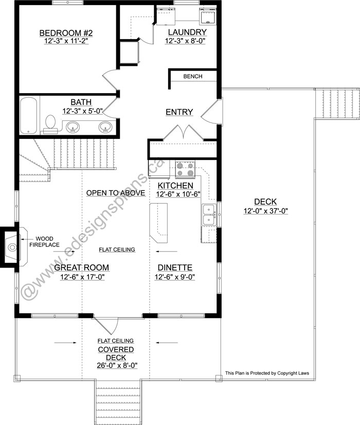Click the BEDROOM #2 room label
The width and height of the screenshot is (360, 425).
coord(66,33)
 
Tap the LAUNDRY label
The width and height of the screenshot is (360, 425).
coord(187,32)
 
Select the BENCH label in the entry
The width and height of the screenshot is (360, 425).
coord(193,77)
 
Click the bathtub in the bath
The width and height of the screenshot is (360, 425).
coord(28,115)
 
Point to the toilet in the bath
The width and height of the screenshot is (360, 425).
coord(50,124)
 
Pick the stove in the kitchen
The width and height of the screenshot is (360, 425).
coord(185,169)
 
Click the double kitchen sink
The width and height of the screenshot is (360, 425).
coord(209,215)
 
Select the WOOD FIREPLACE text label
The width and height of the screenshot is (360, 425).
coord(44,242)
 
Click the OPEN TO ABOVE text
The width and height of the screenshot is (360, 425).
coord(116,193)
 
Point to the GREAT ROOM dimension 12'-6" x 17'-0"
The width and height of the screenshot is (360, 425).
coord(82,277)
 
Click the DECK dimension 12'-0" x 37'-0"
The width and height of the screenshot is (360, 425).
coord(265,211)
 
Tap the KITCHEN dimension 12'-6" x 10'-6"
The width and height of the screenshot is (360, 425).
coord(178,194)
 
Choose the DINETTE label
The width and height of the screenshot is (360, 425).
coord(175,268)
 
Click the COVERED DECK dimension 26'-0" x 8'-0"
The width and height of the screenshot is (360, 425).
coord(117,365)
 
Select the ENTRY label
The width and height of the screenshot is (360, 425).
coord(179,112)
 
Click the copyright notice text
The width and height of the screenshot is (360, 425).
coord(267,373)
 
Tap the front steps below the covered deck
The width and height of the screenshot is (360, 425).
coord(118,402)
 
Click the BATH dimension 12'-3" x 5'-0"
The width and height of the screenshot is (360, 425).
coord(83,111)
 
